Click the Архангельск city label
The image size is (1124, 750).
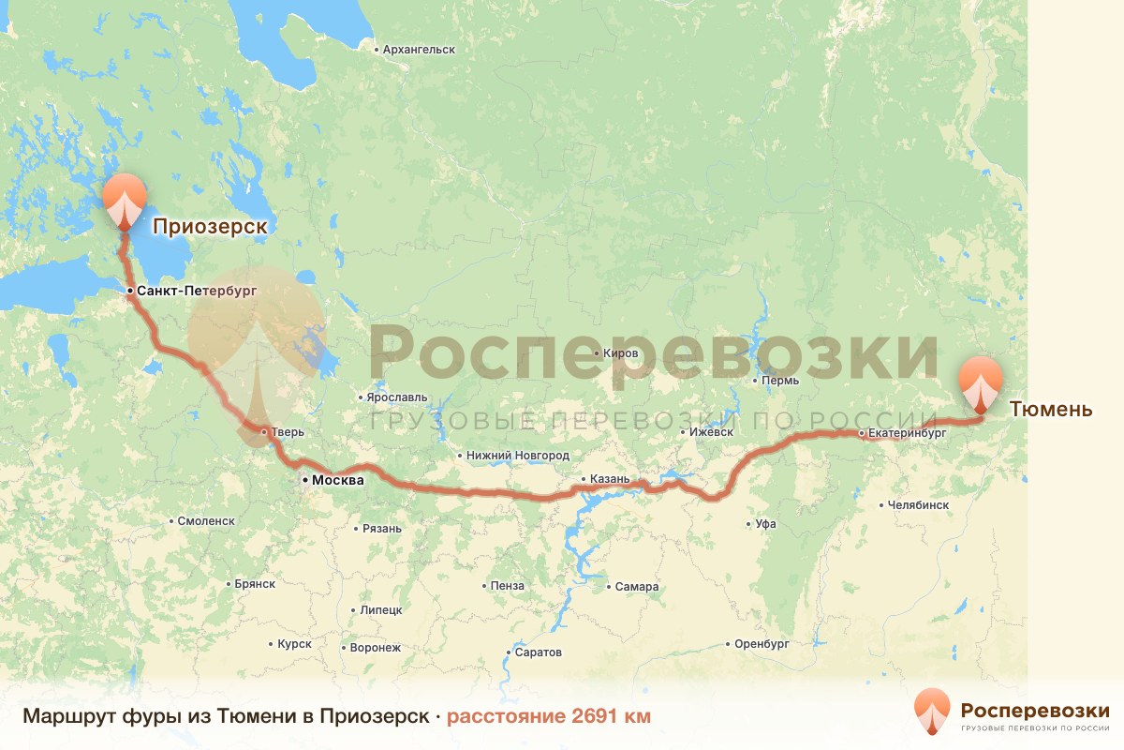419,49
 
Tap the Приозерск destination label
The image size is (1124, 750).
210,226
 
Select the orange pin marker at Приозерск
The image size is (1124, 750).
124,199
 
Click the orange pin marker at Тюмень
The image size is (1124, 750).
981,382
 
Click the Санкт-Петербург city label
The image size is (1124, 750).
196,291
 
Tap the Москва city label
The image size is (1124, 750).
336,480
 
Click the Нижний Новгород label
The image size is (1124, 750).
518,456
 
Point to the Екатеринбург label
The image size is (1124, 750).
907,433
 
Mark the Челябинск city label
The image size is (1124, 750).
919,504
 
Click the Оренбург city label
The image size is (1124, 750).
762,644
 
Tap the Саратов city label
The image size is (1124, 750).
538,652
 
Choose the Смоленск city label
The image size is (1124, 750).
205,520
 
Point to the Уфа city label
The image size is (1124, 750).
765,524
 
